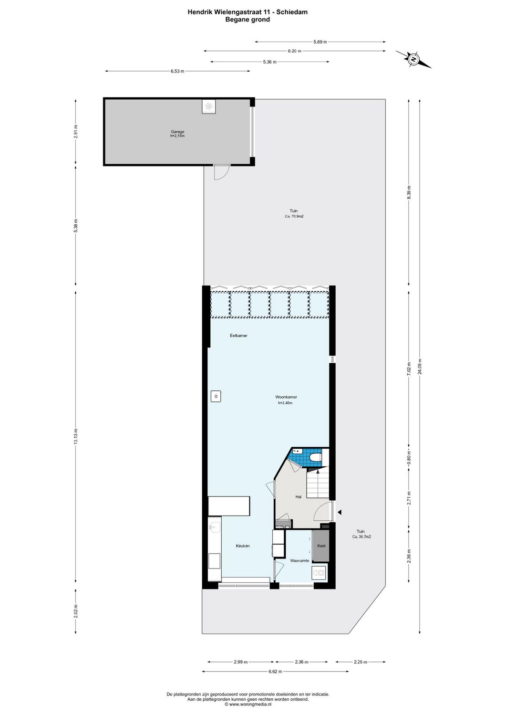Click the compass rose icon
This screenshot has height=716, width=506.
pyautogui.click(x=414, y=59)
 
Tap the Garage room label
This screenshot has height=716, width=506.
pyautogui.click(x=177, y=132)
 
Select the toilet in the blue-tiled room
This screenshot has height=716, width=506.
pyautogui.click(x=315, y=459)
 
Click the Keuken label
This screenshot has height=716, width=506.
pyautogui.click(x=243, y=546)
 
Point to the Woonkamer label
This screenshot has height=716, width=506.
pyautogui.click(x=286, y=397)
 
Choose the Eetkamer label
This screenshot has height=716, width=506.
pyautogui.click(x=238, y=336)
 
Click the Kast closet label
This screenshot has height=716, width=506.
pyautogui.click(x=321, y=546)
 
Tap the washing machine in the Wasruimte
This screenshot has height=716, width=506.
pyautogui.click(x=319, y=572)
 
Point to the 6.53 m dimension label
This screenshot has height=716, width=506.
pyautogui.click(x=177, y=72)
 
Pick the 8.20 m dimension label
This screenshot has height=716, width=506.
pyautogui.click(x=294, y=51)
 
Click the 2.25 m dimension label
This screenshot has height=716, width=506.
pyautogui.click(x=360, y=662)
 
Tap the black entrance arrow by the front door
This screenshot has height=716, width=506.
pyautogui.click(x=340, y=512)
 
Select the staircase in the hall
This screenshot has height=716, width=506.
pyautogui.click(x=318, y=482)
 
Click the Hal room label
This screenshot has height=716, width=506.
pyautogui.click(x=299, y=497)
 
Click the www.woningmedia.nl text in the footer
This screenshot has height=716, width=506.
pyautogui.click(x=250, y=704)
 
